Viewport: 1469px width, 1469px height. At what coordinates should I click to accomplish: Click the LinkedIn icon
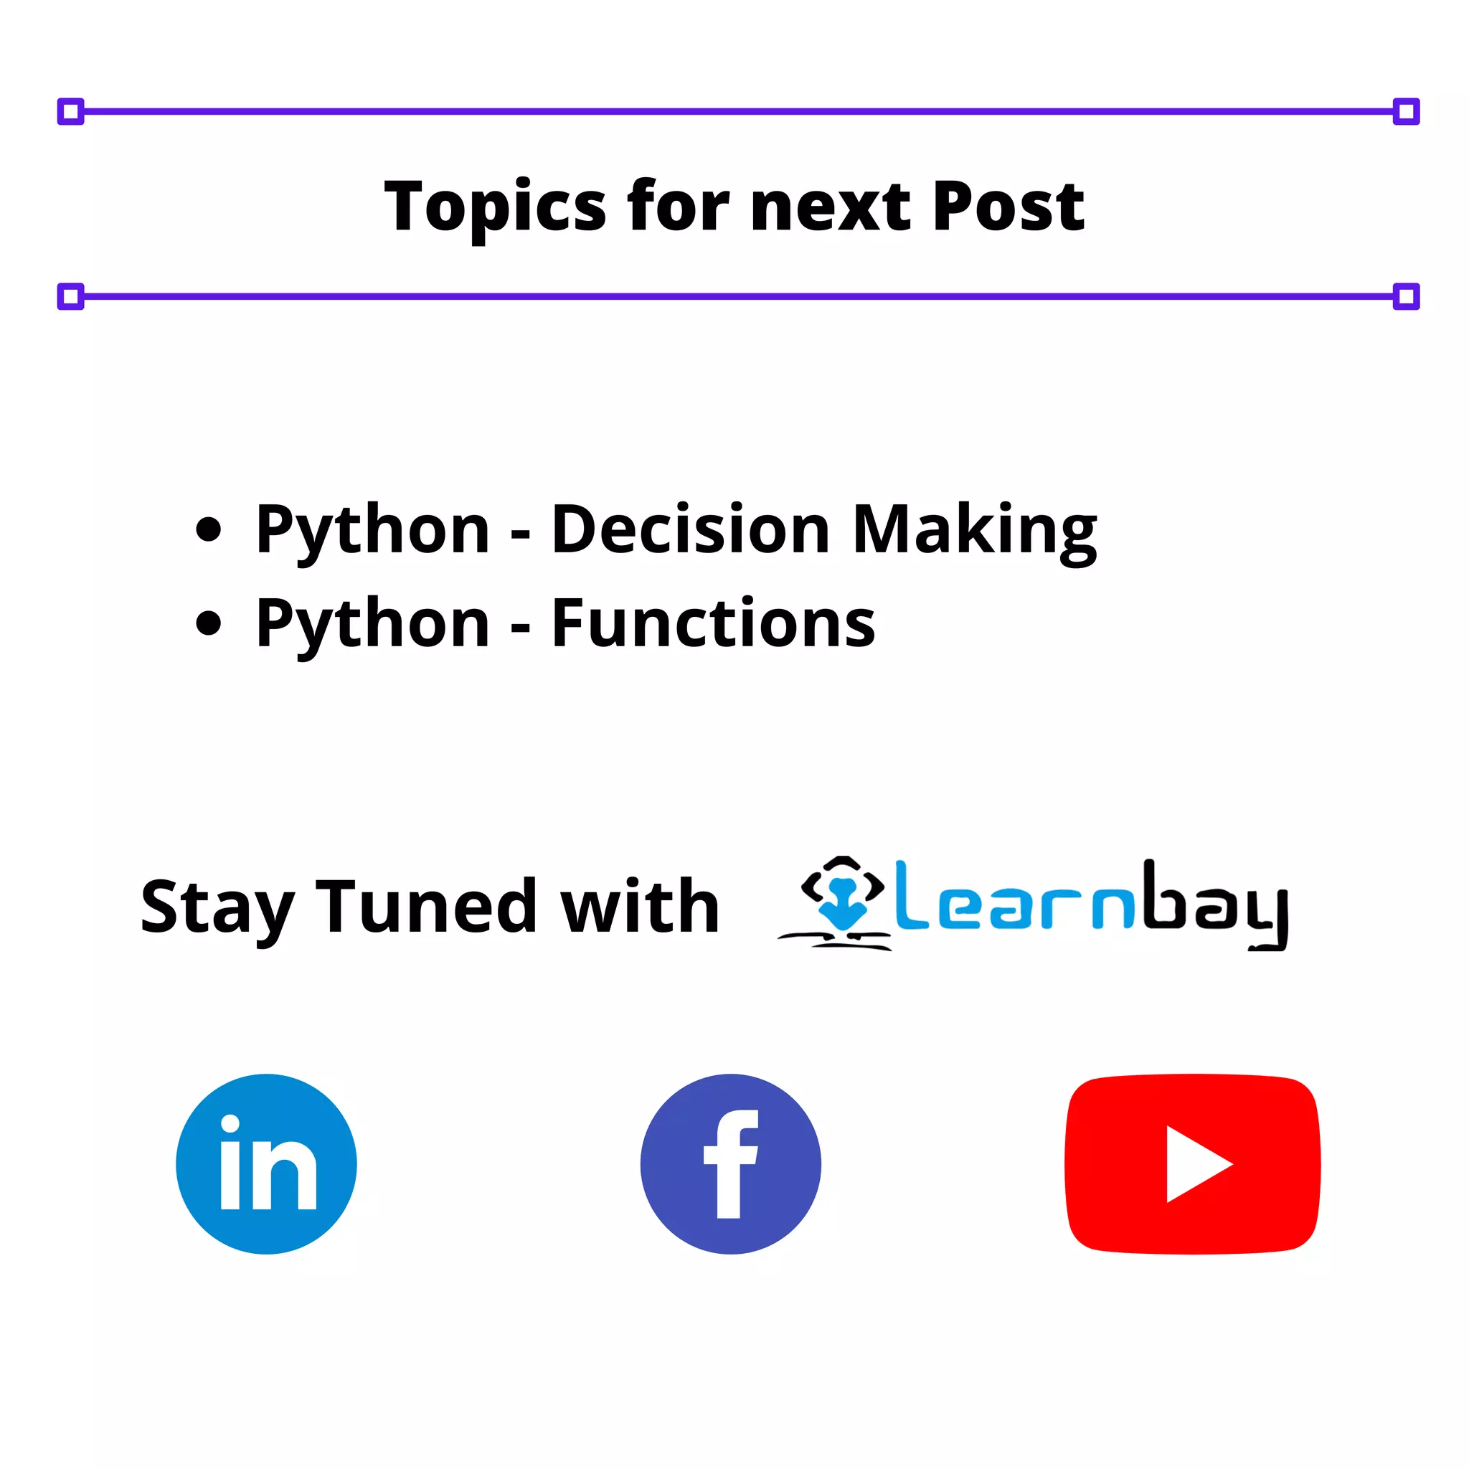266,1163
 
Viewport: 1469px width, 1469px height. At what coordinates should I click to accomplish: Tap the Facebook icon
730,1163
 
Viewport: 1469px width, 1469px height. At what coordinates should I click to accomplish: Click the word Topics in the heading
495,207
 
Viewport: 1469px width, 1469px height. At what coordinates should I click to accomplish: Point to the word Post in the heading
1009,207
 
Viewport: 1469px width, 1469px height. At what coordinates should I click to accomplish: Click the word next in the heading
831,207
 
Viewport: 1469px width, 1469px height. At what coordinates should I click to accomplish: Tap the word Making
975,531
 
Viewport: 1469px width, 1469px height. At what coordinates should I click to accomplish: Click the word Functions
713,623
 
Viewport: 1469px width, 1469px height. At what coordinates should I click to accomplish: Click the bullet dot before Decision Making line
208,529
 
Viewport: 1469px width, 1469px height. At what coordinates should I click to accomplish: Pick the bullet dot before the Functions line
208,623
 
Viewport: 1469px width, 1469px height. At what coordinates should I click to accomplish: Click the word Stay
217,907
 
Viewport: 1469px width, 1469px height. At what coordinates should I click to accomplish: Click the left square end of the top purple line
71,112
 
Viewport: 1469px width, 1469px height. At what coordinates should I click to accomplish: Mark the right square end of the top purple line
1406,112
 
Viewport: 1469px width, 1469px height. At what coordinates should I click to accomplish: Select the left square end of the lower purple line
71,296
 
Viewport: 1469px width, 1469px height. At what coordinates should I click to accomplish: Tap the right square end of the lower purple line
1406,296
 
